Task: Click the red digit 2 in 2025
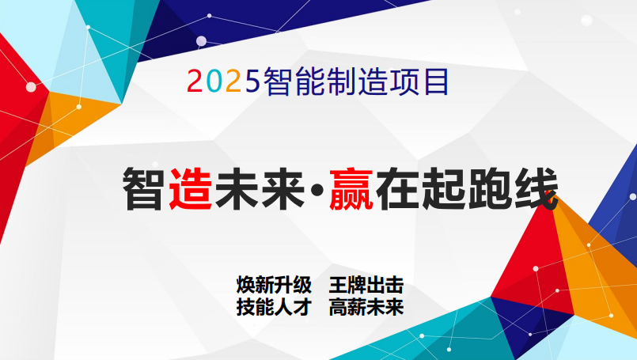coord(194,81)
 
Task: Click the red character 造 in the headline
coord(190,189)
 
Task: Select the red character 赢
coord(351,189)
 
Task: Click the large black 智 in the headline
coord(144,189)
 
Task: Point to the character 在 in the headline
coord(397,189)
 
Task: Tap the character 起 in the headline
coord(443,189)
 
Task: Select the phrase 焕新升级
coord(274,285)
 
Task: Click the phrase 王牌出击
coord(366,285)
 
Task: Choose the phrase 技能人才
coord(274,307)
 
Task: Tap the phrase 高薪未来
coord(366,307)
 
